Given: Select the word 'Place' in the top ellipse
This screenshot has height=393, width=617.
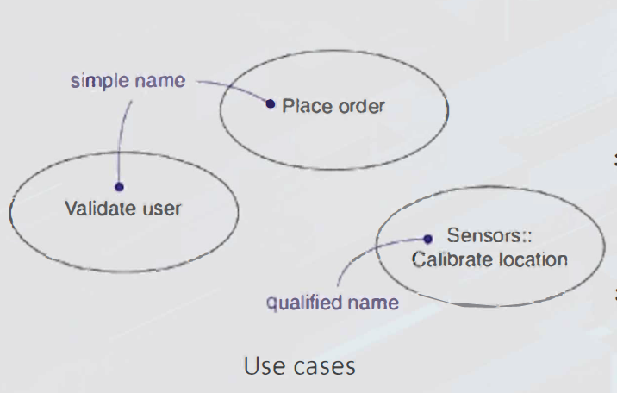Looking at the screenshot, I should tap(302, 107).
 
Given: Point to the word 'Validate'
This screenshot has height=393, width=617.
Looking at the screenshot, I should tap(97, 208).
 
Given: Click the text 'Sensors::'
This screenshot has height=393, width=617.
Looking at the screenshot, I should tap(480, 234).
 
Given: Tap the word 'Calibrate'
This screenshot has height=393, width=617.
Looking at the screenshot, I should tap(451, 259).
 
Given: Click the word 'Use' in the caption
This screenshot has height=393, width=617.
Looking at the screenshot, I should tap(262, 365).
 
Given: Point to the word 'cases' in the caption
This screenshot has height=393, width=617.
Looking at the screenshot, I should tap(324, 365).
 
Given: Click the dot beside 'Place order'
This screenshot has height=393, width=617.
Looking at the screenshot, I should tap(271, 105).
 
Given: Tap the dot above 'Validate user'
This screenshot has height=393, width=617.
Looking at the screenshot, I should tap(119, 186).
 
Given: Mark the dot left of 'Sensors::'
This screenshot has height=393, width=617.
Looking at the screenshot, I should tap(427, 239).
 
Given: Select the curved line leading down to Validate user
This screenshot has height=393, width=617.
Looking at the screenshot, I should tap(122, 138).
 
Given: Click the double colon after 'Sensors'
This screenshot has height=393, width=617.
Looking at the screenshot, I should tap(509, 234).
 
